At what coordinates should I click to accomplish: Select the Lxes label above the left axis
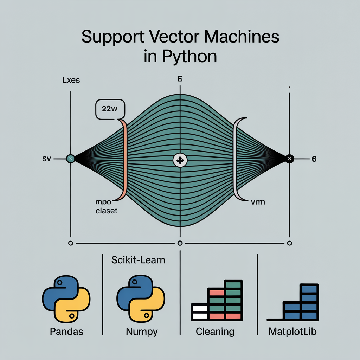71,80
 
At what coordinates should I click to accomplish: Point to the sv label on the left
46,159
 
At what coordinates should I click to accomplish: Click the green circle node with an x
71,159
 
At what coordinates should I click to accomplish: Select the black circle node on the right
289,159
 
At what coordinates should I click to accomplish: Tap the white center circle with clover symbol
180,160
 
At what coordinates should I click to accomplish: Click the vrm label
258,202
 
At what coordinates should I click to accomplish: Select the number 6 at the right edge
314,159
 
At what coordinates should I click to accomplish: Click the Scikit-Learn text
138,261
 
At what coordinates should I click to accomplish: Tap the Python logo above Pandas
66,300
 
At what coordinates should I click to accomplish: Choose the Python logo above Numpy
141,300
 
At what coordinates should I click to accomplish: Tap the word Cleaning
215,331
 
